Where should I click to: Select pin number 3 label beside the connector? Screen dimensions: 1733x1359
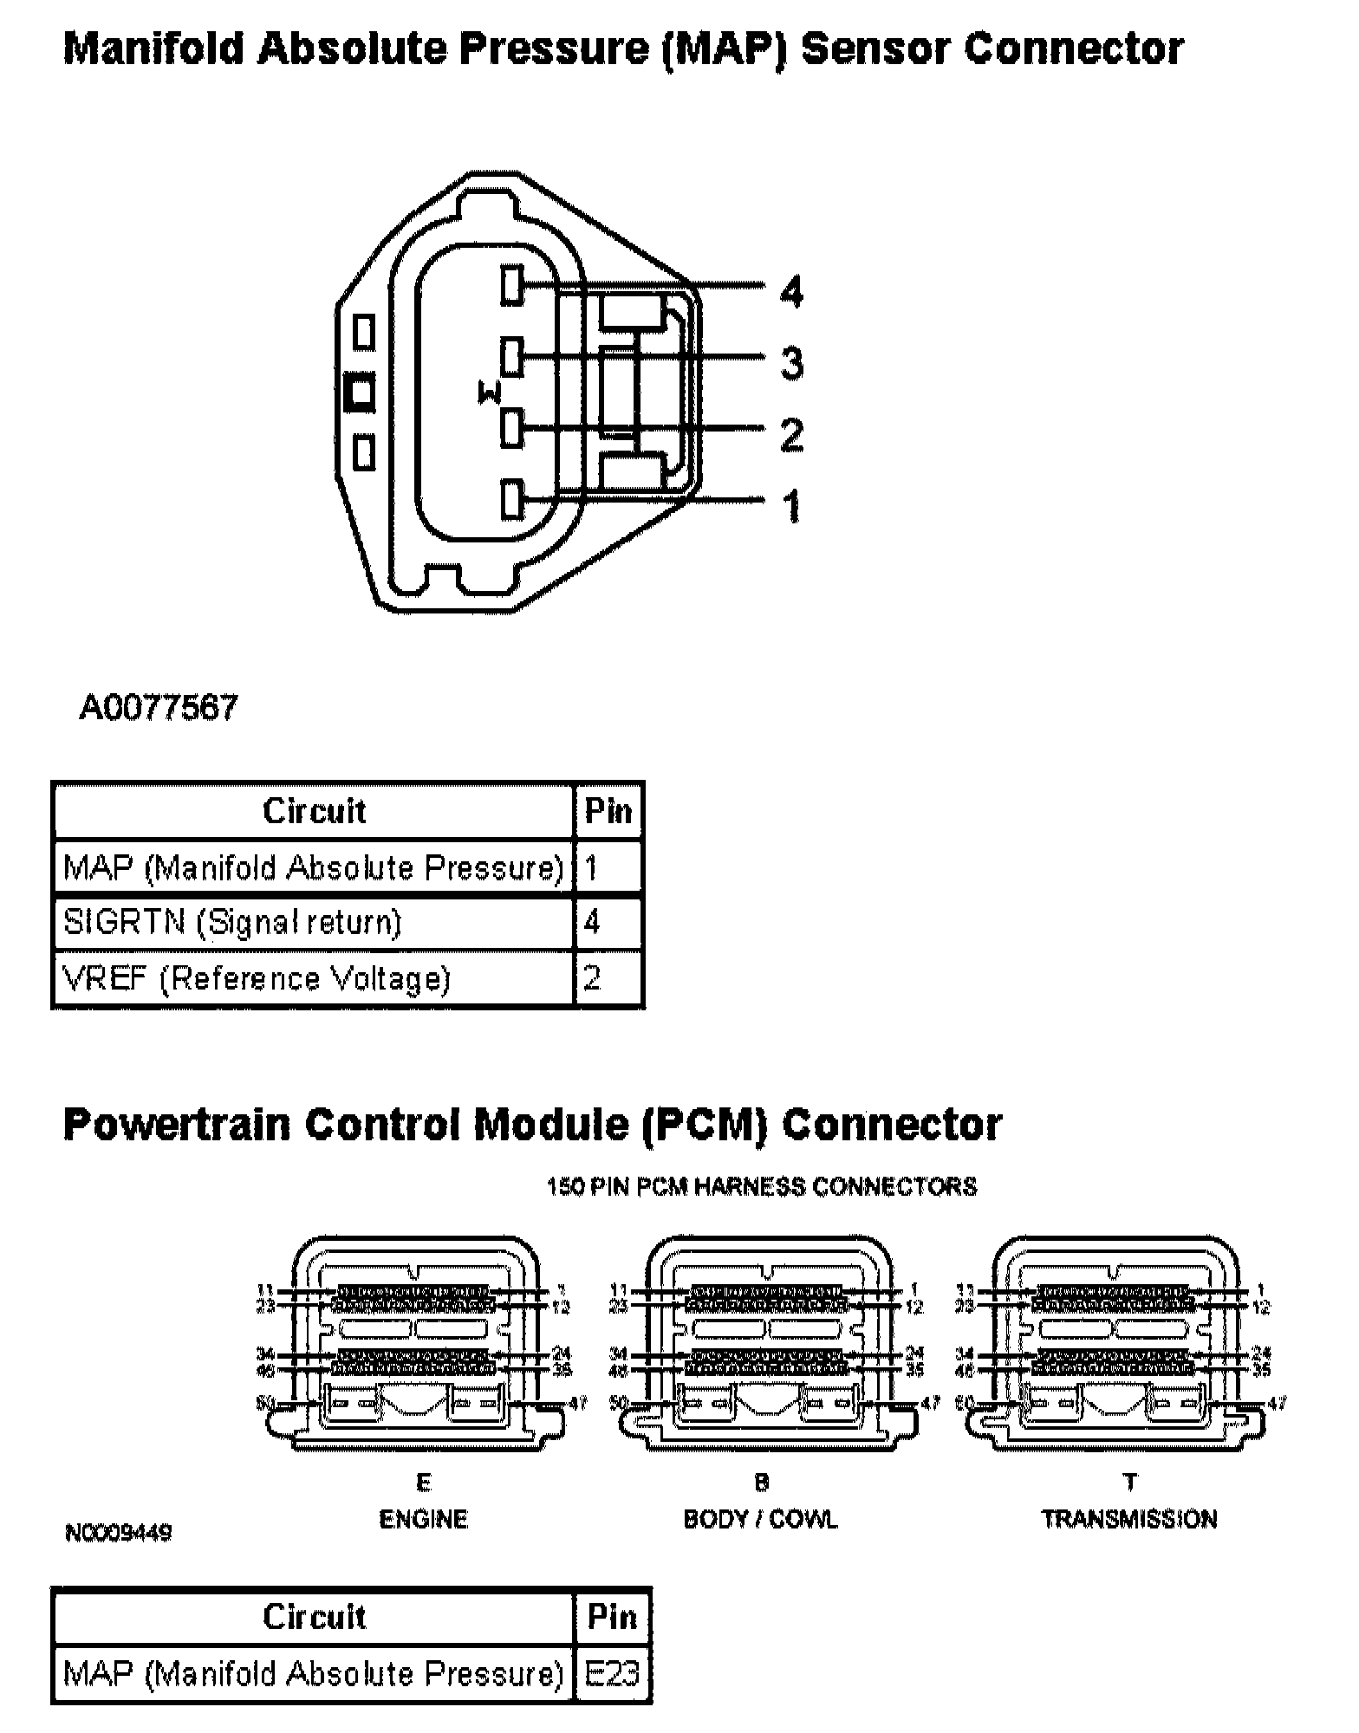790,362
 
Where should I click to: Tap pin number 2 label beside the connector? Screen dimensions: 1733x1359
790,433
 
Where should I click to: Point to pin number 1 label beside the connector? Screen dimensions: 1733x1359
790,506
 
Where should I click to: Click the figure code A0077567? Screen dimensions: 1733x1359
158,708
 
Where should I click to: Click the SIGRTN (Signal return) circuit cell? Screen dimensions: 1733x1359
232,922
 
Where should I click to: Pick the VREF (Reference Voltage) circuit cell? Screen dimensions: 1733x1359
257,978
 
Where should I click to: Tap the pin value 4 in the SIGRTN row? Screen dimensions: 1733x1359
592,922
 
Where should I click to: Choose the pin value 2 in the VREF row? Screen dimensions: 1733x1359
592,978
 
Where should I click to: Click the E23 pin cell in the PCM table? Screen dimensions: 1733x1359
612,1673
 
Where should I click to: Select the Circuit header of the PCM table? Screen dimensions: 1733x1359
314,1617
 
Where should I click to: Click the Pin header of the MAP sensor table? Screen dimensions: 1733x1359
608,811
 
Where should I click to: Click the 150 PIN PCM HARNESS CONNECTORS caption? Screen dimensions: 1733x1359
762,1186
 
